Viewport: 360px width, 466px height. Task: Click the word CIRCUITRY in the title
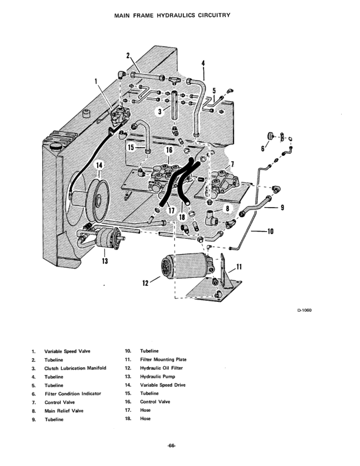coord(213,15)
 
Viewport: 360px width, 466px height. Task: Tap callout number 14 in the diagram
coord(99,165)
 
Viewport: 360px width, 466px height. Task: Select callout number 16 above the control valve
coord(169,150)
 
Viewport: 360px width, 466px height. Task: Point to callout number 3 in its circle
coord(160,111)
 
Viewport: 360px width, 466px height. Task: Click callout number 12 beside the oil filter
coord(145,283)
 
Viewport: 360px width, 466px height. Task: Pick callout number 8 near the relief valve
coord(228,208)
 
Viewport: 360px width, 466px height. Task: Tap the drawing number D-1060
coord(304,310)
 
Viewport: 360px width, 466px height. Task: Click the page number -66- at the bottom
coord(171,445)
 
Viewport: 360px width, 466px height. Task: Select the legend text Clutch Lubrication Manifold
coord(75,368)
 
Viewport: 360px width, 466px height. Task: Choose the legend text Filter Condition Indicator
coord(73,394)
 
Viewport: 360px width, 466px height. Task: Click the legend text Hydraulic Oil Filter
coord(161,368)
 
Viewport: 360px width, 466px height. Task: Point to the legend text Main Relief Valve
coord(64,411)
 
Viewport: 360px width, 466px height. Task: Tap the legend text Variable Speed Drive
coord(163,385)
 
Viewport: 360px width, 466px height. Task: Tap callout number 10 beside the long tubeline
coord(271,231)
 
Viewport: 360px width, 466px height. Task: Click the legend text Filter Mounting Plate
coord(164,360)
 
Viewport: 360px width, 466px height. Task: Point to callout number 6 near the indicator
coord(262,148)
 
